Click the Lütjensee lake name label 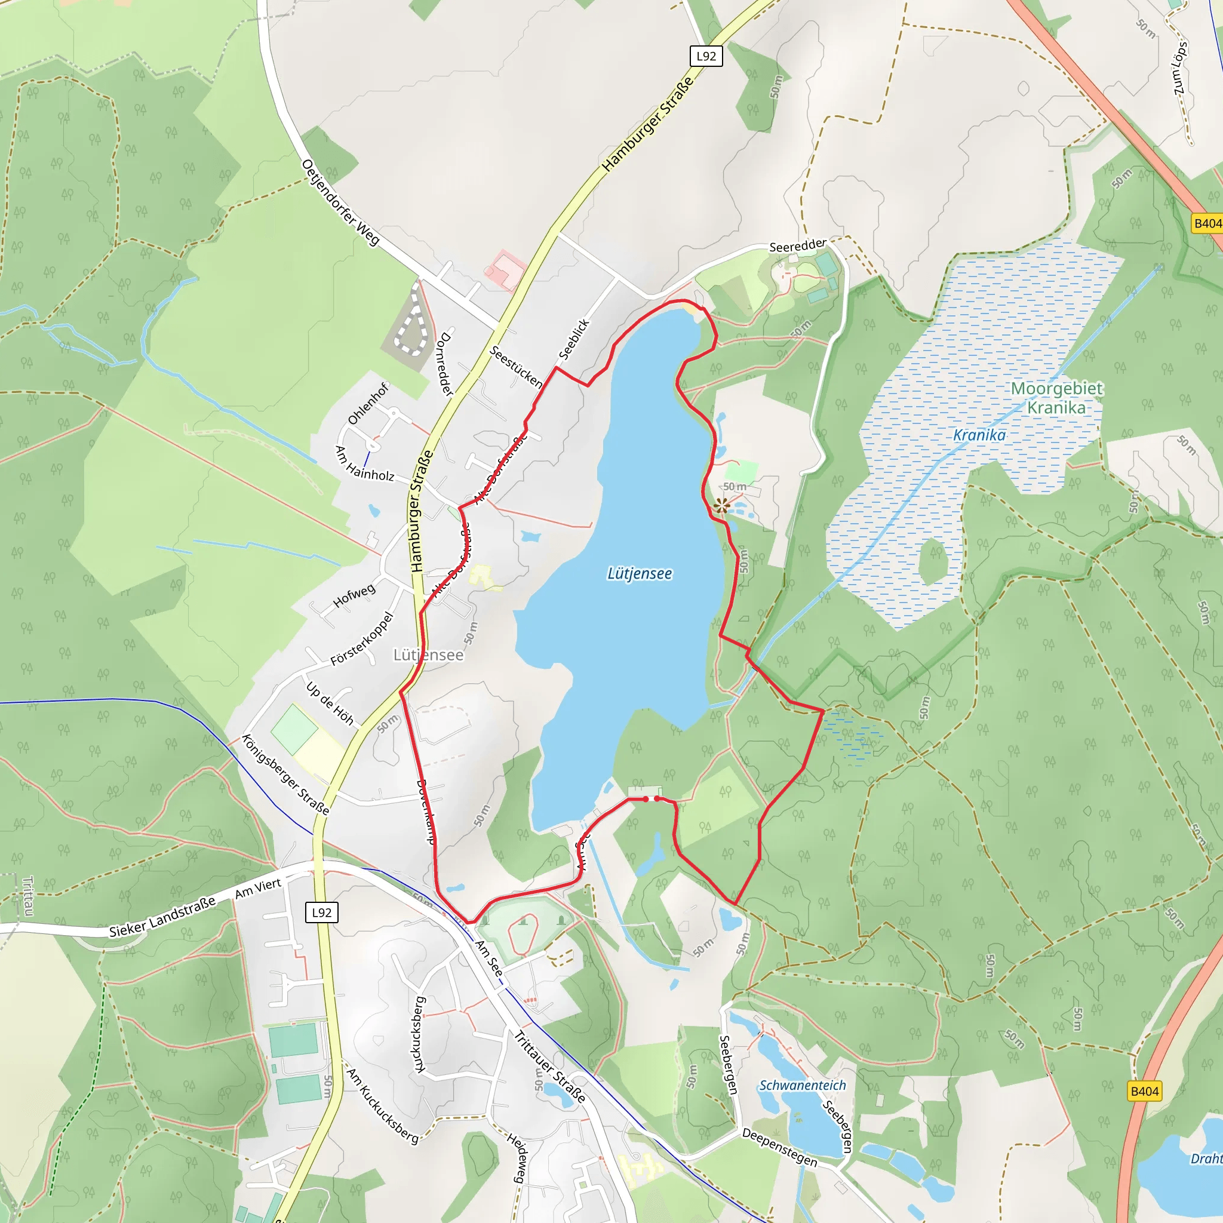640,573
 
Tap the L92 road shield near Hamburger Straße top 706,56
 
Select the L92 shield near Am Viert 322,912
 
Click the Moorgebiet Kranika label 1056,398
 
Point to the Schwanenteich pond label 802,1085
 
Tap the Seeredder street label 798,245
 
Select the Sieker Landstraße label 162,917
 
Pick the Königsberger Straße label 285,774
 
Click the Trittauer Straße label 549,1067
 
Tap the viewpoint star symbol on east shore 721,506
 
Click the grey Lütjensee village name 429,654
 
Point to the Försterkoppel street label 362,639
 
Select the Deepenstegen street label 779,1147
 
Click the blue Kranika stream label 979,435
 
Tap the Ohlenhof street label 368,404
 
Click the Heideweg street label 517,1158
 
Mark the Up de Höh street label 330,703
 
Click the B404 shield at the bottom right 1145,1090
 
